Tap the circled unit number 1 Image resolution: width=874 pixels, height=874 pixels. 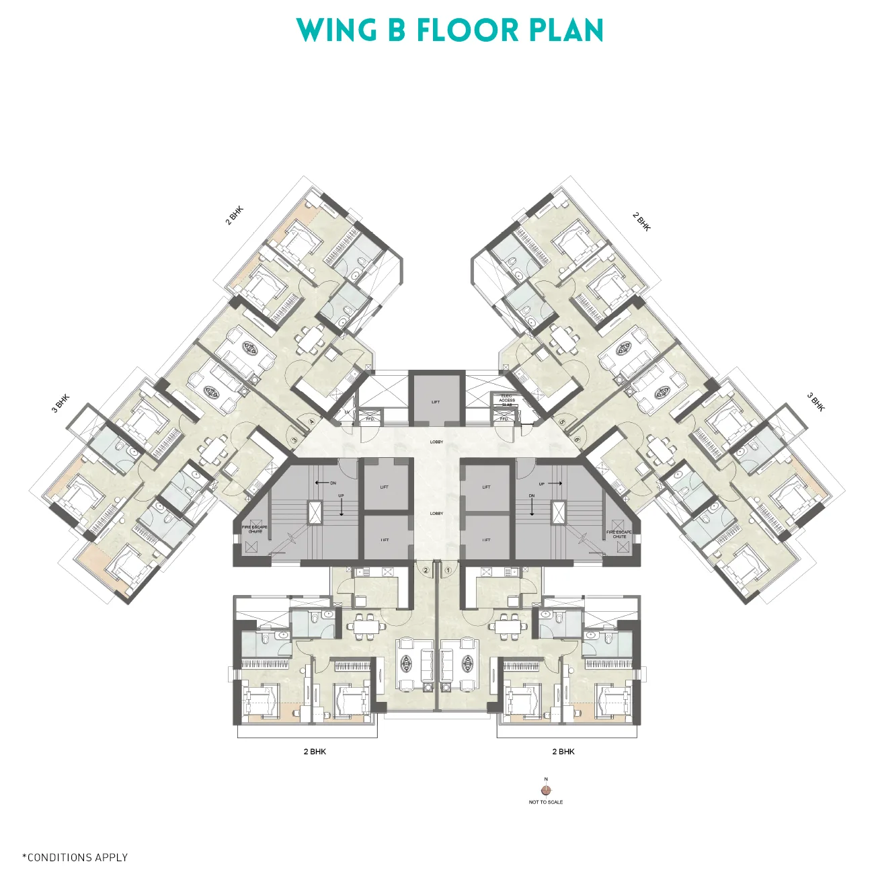click(x=448, y=570)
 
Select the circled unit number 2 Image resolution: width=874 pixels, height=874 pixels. click(x=426, y=570)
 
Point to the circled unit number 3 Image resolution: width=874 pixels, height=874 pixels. click(x=295, y=440)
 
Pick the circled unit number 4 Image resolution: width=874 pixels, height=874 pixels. click(x=312, y=422)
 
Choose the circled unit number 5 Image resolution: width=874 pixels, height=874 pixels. click(x=562, y=422)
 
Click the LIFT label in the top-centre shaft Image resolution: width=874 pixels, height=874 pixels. click(x=436, y=402)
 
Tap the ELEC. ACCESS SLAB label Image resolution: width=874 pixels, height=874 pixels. click(x=507, y=400)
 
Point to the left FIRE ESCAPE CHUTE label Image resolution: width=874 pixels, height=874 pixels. click(x=255, y=529)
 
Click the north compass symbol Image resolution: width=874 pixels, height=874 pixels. click(x=546, y=791)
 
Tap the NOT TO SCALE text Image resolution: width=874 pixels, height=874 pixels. click(x=546, y=802)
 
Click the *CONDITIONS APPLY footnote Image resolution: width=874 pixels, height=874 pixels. click(x=75, y=857)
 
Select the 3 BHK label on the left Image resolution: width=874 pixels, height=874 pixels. click(x=61, y=403)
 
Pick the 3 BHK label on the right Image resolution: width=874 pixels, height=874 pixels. click(x=816, y=402)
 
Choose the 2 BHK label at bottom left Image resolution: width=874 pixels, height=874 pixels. click(x=315, y=752)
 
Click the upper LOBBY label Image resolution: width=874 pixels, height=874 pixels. click(x=437, y=442)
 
